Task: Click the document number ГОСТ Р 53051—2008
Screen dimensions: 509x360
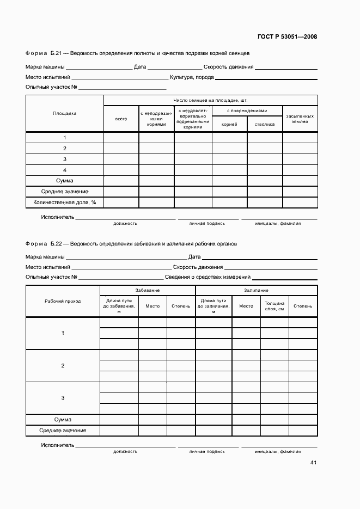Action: click(x=287, y=37)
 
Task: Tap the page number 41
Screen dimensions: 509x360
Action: click(x=313, y=463)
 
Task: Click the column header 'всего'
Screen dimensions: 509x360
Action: click(x=121, y=119)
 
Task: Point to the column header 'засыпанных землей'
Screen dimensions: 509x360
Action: click(x=300, y=119)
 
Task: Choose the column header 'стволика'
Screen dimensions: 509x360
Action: click(x=264, y=124)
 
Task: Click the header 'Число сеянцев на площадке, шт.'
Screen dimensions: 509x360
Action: click(x=210, y=100)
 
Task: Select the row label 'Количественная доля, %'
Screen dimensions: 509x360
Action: click(x=64, y=203)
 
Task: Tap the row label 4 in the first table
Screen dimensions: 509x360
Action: click(x=64, y=170)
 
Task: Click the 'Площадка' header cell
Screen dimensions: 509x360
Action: click(x=64, y=113)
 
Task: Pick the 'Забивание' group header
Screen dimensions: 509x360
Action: click(x=147, y=290)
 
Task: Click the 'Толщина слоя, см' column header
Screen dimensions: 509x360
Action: click(x=274, y=305)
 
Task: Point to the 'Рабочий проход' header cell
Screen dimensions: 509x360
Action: click(x=63, y=301)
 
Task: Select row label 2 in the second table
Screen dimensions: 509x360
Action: click(x=63, y=365)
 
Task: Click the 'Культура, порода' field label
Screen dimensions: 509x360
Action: click(x=192, y=78)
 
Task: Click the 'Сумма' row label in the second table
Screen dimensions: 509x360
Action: click(x=63, y=420)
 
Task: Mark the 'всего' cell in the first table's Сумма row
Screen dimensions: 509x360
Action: click(x=121, y=181)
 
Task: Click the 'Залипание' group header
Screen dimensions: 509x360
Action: click(x=256, y=290)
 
